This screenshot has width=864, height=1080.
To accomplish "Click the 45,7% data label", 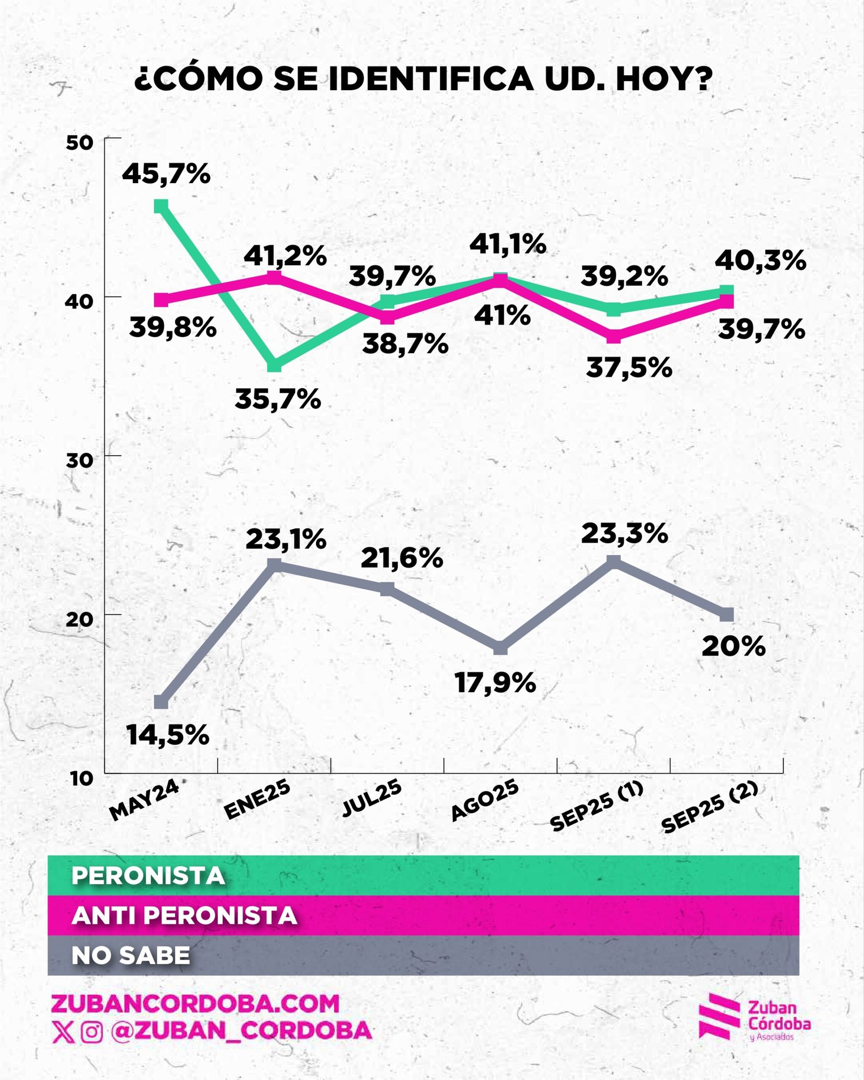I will [166, 174].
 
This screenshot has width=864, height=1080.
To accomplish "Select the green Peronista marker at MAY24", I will [161, 206].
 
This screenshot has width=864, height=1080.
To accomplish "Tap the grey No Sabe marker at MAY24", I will [161, 702].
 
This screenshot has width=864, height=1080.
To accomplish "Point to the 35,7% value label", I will [278, 400].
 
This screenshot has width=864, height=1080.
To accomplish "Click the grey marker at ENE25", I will [274, 565].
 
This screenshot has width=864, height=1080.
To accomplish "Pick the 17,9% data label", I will [495, 683].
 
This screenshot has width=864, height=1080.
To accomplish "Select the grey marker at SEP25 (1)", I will [613, 562].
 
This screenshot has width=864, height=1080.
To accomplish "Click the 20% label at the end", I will [733, 646].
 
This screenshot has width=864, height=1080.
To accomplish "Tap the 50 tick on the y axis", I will [79, 143].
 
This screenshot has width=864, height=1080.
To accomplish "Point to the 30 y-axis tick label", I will [79, 461].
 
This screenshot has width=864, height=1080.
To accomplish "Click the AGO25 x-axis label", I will [484, 801].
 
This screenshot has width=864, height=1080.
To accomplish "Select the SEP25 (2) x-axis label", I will [710, 808].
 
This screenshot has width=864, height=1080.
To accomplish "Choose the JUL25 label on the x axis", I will [372, 798].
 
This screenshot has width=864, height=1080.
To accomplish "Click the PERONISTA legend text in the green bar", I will [148, 876].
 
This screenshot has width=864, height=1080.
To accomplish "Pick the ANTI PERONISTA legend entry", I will [184, 915].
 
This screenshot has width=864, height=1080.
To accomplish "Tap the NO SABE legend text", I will [131, 955].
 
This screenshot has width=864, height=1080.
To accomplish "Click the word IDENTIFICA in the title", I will [431, 79].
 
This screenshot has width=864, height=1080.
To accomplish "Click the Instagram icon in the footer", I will [92, 1032].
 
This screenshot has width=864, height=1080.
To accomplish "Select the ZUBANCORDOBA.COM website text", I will [195, 1004].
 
